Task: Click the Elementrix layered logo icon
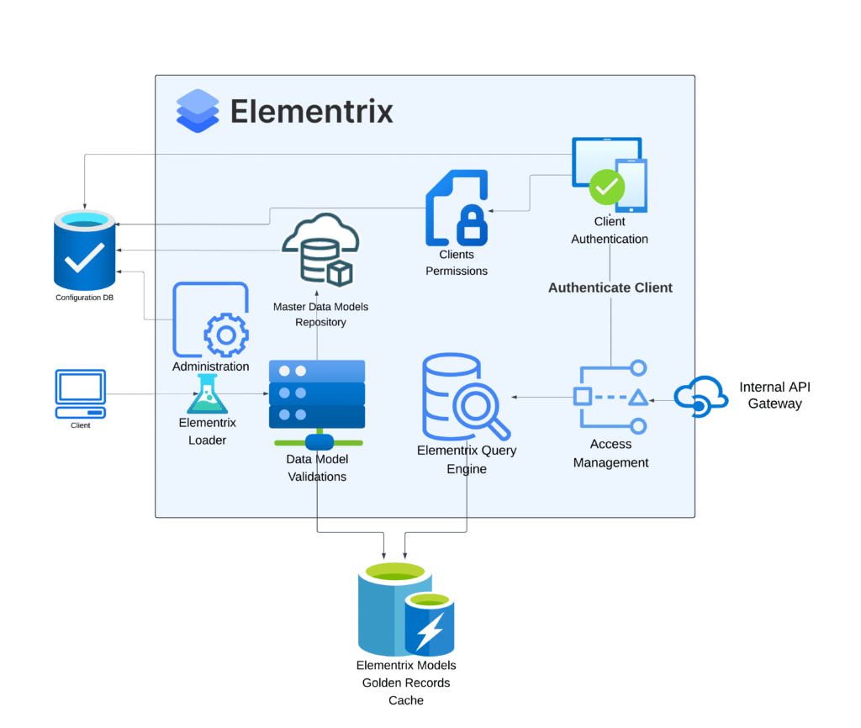click(198, 111)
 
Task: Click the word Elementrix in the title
click(311, 111)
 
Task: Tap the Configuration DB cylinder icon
click(85, 251)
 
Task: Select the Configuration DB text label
click(85, 298)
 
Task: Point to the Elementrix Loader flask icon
click(208, 394)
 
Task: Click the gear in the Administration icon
click(225, 335)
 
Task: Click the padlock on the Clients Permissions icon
click(473, 223)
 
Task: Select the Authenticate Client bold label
click(610, 288)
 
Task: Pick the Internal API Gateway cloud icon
click(700, 397)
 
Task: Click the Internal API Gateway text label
click(774, 395)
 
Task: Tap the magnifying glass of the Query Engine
click(481, 410)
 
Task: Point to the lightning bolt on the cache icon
click(430, 629)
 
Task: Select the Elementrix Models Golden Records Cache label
click(406, 683)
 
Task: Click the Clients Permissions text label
click(457, 262)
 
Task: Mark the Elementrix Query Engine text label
click(467, 459)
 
